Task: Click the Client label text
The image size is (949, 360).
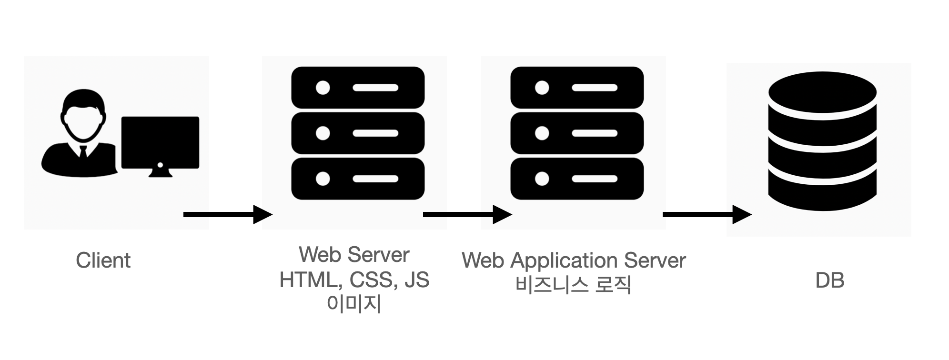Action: click(x=103, y=260)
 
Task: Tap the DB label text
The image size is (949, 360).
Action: click(x=829, y=280)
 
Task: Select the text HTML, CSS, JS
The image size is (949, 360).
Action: click(x=354, y=280)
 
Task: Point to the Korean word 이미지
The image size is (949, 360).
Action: click(x=354, y=304)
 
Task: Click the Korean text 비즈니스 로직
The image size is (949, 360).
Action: click(x=573, y=285)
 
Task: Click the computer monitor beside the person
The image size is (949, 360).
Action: click(x=160, y=141)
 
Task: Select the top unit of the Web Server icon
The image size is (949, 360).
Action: click(x=358, y=88)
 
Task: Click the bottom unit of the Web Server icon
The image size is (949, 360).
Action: click(x=358, y=179)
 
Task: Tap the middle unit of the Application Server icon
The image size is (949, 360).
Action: click(x=577, y=133)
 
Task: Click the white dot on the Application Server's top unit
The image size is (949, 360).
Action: click(x=542, y=88)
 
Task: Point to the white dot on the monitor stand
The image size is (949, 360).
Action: click(x=160, y=165)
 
